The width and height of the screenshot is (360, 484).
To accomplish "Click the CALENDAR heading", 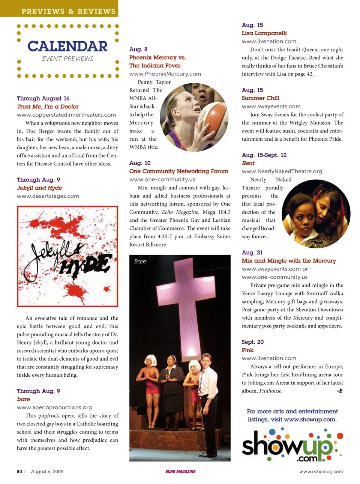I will [67, 47].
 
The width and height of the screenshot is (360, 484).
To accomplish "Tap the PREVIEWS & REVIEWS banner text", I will [68, 11].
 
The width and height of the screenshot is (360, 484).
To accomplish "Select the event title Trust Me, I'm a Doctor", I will [48, 107].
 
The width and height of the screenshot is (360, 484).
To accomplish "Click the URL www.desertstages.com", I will [48, 196].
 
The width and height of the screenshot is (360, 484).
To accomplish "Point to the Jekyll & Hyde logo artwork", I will [67, 256].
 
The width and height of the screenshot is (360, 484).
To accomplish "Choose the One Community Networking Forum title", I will [178, 171].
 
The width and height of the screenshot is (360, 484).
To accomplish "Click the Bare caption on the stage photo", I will [140, 262].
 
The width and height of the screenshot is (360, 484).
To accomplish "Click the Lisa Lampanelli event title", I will [264, 33].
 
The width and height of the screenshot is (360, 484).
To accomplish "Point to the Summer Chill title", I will [260, 98].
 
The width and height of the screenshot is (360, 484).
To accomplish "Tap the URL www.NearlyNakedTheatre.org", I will [282, 171].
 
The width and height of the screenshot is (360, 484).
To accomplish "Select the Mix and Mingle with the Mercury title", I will [289, 260].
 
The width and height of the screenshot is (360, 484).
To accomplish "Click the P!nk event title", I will [247, 350].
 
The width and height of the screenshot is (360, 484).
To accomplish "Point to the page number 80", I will [19, 471].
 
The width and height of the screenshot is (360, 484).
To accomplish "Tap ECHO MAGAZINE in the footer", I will [180, 471].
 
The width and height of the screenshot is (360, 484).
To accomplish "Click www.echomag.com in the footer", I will [321, 471].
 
